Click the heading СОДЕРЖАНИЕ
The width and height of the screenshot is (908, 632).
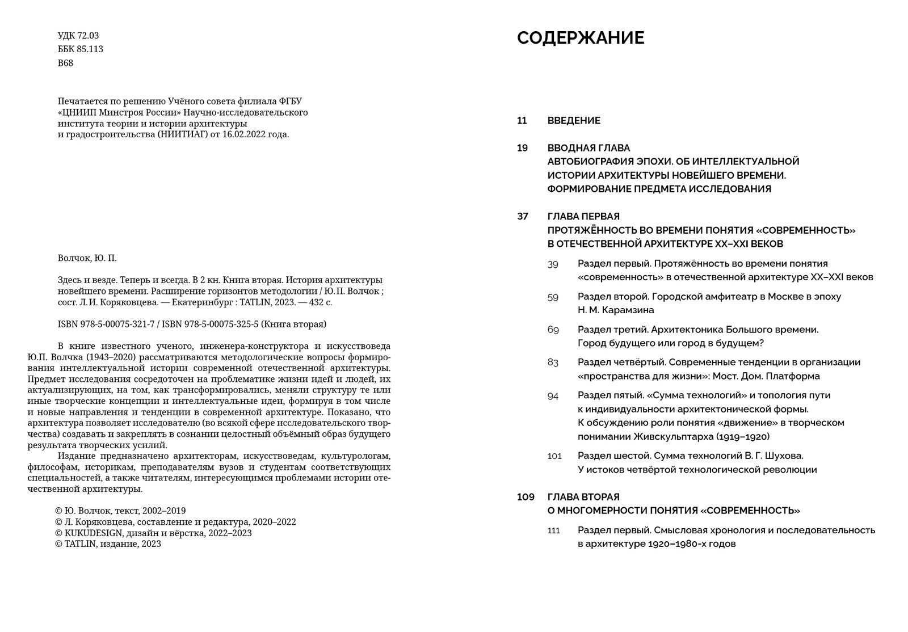tap(581, 38)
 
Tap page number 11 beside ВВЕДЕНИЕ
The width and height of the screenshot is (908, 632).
tap(522, 121)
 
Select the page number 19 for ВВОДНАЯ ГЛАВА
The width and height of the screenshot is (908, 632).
tap(522, 148)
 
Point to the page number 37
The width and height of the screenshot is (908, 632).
tap(523, 216)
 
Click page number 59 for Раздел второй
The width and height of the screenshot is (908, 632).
tap(553, 297)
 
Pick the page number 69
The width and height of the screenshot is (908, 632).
tap(553, 330)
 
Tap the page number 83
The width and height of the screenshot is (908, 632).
tap(553, 363)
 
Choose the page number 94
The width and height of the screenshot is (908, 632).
tap(553, 395)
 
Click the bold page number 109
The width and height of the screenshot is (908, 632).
tap(526, 497)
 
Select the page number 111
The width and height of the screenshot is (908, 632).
tap(553, 530)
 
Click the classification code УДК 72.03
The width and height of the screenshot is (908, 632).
tap(78, 35)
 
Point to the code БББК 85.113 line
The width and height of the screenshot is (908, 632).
tap(80, 49)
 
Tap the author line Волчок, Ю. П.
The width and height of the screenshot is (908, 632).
tap(87, 258)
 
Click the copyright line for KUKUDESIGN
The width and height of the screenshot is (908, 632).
tap(153, 533)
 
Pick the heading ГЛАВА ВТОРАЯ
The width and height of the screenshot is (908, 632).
tap(583, 497)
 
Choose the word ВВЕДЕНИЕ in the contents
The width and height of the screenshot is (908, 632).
tap(574, 121)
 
